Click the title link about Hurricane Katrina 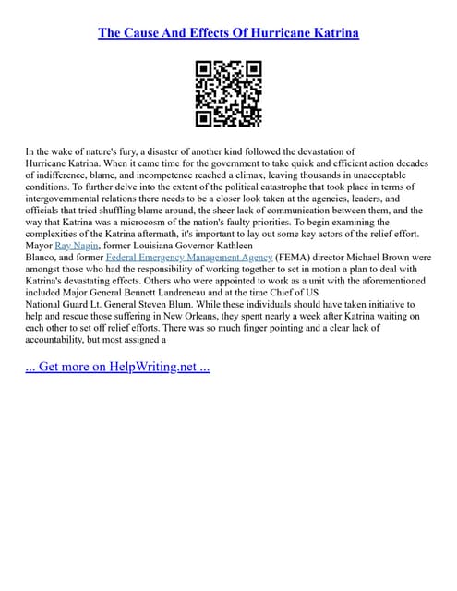228,33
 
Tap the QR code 228,93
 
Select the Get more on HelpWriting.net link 117,367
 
